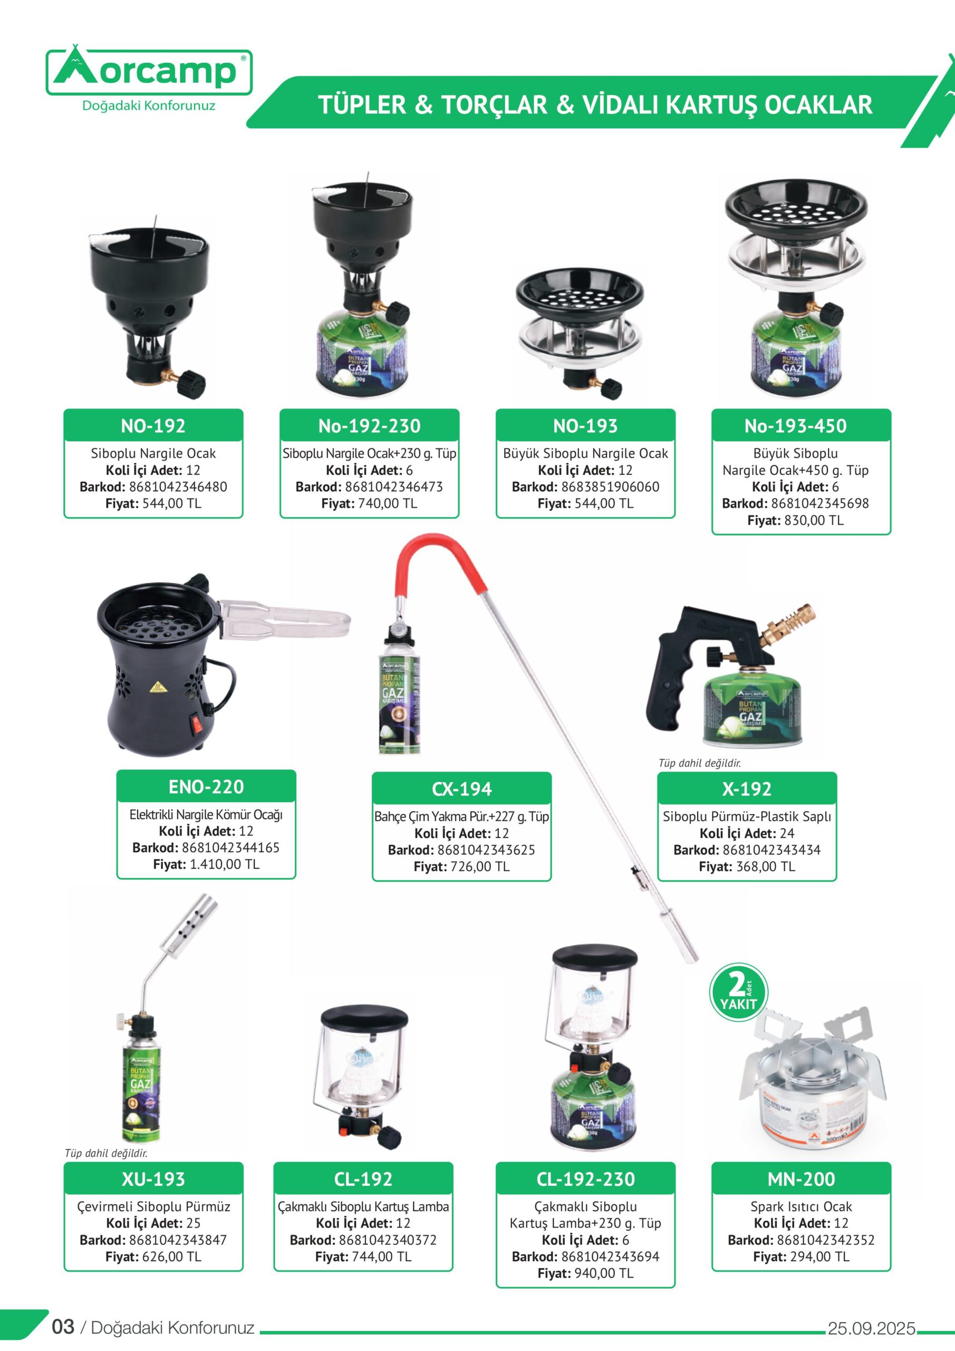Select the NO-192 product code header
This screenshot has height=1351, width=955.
click(153, 425)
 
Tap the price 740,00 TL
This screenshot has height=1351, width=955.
click(388, 503)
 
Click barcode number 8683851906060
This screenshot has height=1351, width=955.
click(611, 487)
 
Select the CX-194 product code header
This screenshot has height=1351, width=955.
click(461, 788)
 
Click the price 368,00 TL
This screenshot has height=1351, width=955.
click(765, 867)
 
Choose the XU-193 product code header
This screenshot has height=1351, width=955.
click(153, 1178)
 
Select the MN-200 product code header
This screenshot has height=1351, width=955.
click(802, 1178)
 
